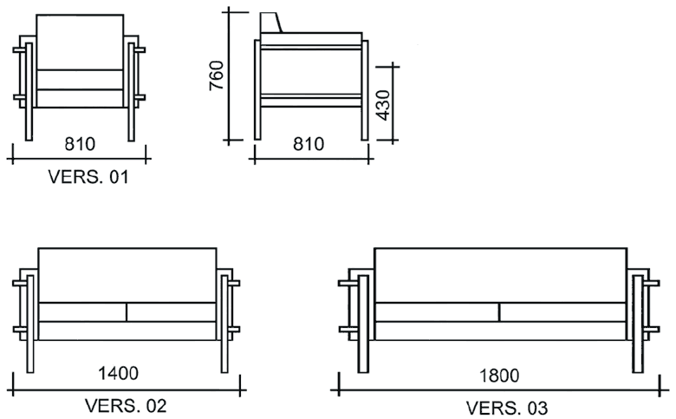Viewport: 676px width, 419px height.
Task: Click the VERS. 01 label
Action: (88, 178)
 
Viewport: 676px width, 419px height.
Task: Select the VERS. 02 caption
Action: (126, 405)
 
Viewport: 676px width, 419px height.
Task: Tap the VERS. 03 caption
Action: (507, 407)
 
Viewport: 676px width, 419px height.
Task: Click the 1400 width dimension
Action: (118, 374)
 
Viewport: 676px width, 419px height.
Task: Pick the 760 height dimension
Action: (217, 75)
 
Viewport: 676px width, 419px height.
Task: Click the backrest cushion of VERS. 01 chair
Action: (80, 42)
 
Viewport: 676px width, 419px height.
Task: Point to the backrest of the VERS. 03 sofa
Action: (500, 275)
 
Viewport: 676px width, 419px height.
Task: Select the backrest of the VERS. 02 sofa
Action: (127, 275)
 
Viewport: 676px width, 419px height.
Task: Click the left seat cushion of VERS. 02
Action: (82, 312)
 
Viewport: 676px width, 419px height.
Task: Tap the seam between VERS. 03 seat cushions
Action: (500, 312)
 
